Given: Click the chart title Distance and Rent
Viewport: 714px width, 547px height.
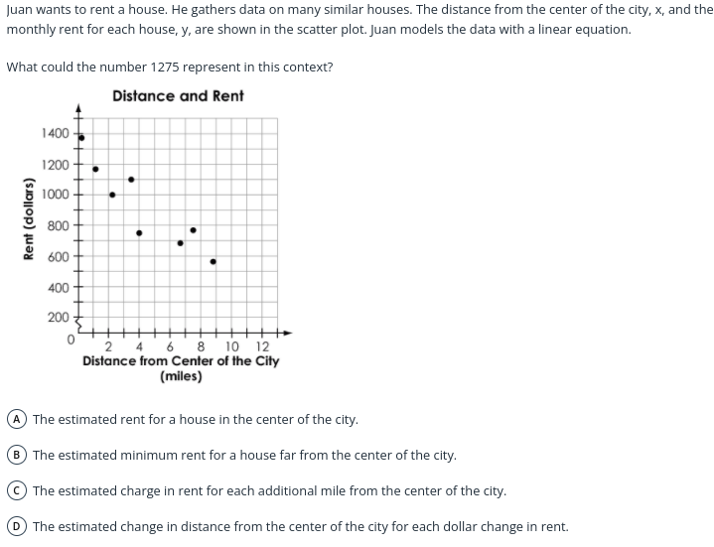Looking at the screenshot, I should pyautogui.click(x=178, y=96).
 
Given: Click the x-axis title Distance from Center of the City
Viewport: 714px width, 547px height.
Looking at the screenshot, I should pyautogui.click(x=181, y=361).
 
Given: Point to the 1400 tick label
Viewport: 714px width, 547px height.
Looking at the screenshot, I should pyautogui.click(x=56, y=133).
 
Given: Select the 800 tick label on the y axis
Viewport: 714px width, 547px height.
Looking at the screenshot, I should pyautogui.click(x=59, y=225).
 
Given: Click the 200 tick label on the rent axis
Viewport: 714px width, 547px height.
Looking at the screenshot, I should pyautogui.click(x=59, y=318).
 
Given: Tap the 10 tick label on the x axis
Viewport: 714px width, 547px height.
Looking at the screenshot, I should pyautogui.click(x=231, y=346).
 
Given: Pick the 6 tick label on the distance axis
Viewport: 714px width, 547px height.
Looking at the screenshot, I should pyautogui.click(x=171, y=346).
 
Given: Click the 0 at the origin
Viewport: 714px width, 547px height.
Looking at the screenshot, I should pyautogui.click(x=71, y=340).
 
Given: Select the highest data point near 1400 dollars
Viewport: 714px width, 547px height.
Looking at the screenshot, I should pyautogui.click(x=81, y=138).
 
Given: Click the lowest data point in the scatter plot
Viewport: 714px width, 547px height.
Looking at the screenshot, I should pyautogui.click(x=214, y=262).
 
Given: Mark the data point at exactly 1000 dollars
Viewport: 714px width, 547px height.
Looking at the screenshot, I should pyautogui.click(x=112, y=195).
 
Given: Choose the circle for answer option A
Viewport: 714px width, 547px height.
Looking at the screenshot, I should pyautogui.click(x=17, y=419).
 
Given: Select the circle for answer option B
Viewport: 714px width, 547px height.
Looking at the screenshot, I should pyautogui.click(x=17, y=455).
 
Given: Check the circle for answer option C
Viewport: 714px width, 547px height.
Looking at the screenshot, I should pyautogui.click(x=17, y=490).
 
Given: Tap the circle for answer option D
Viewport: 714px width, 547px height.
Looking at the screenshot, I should pyautogui.click(x=17, y=526).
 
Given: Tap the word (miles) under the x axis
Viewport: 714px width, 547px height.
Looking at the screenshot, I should pyautogui.click(x=181, y=376).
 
